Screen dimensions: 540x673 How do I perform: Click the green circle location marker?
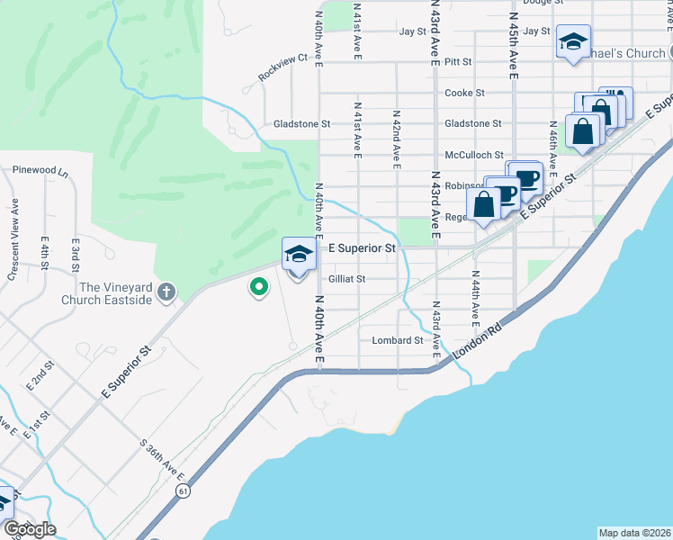click(259, 288)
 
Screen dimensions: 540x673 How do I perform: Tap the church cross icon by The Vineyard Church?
click(166, 291)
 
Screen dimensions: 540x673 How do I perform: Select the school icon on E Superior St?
click(299, 253)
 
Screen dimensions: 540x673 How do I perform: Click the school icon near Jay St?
click(573, 41)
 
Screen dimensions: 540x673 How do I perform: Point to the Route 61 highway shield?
click(184, 490)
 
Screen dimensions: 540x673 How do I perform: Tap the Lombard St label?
click(397, 341)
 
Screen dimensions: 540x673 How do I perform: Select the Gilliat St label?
click(346, 279)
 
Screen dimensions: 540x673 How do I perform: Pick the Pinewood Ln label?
click(40, 169)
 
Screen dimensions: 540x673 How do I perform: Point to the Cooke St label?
click(464, 93)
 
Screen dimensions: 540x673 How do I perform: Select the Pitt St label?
click(458, 62)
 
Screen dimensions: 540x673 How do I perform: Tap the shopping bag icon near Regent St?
click(484, 203)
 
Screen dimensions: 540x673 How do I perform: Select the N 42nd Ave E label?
click(396, 139)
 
